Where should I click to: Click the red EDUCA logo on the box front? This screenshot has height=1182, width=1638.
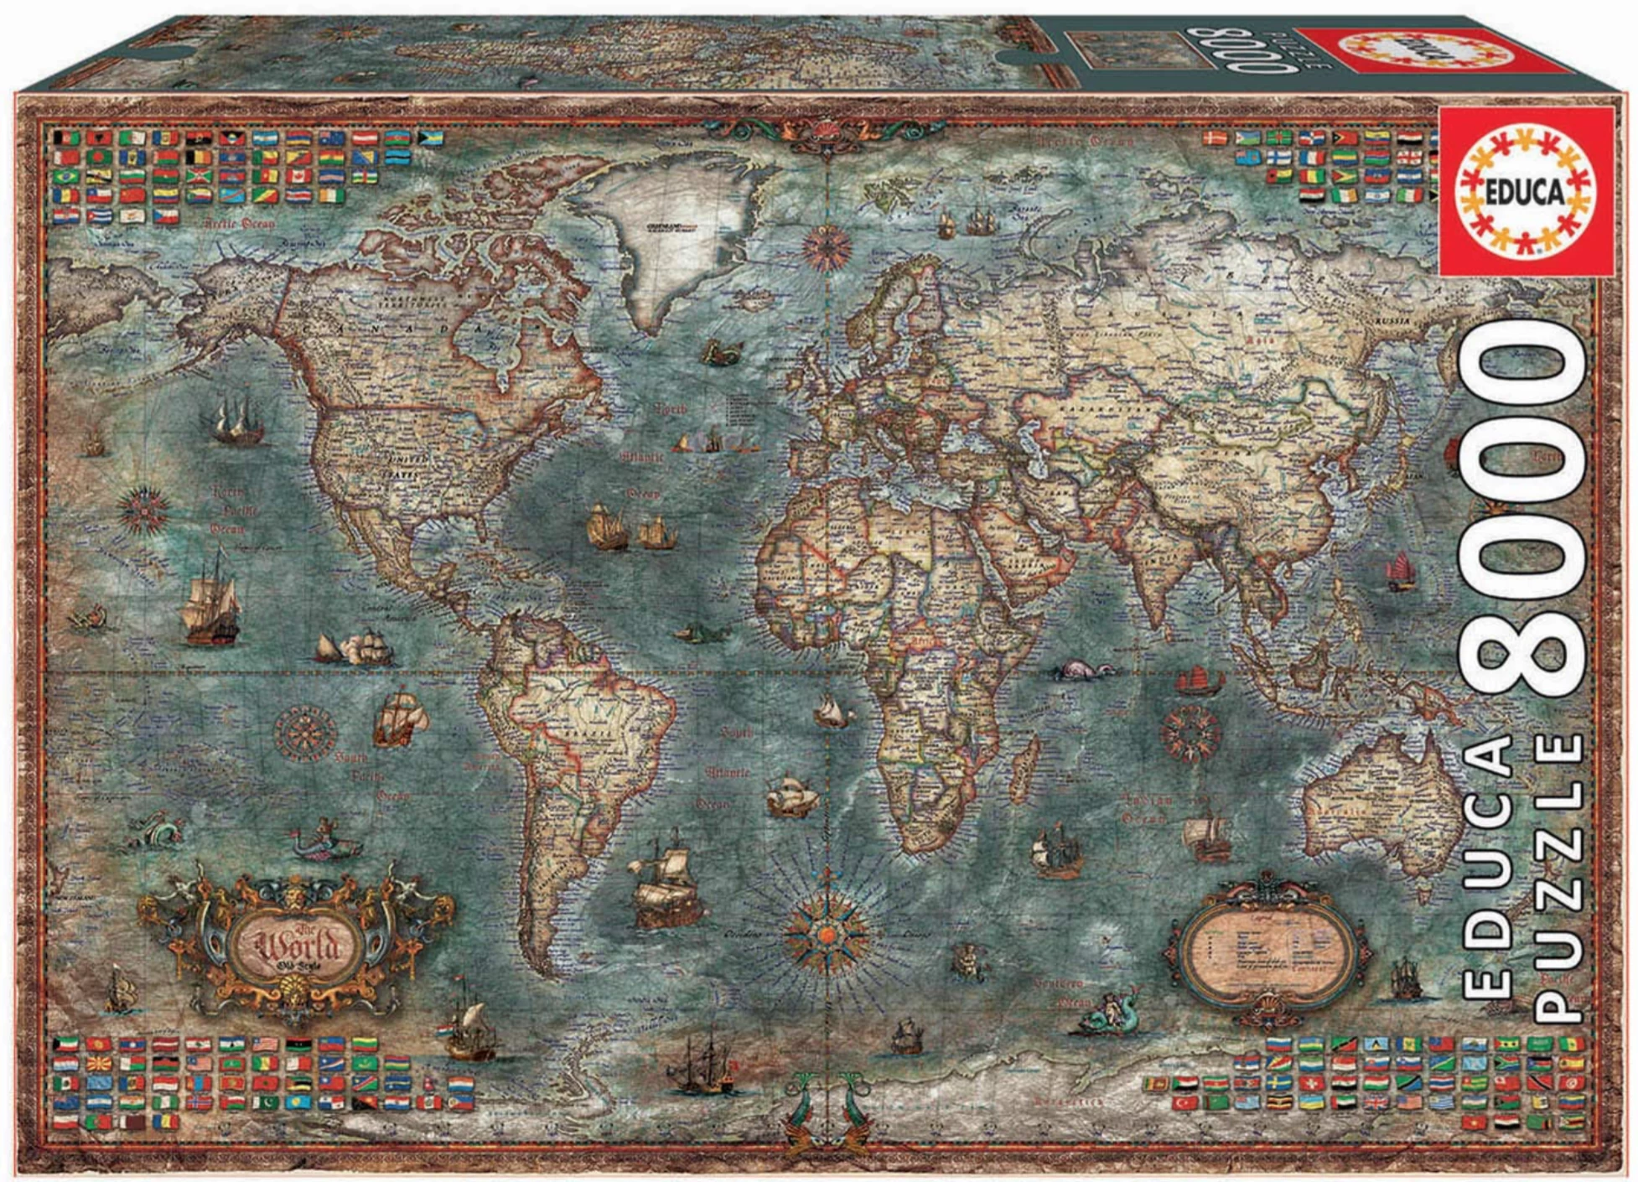pyautogui.click(x=1527, y=192)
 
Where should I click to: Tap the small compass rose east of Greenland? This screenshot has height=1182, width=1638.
pyautogui.click(x=827, y=247)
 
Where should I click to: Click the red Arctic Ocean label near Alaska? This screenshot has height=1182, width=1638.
pyautogui.click(x=239, y=225)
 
